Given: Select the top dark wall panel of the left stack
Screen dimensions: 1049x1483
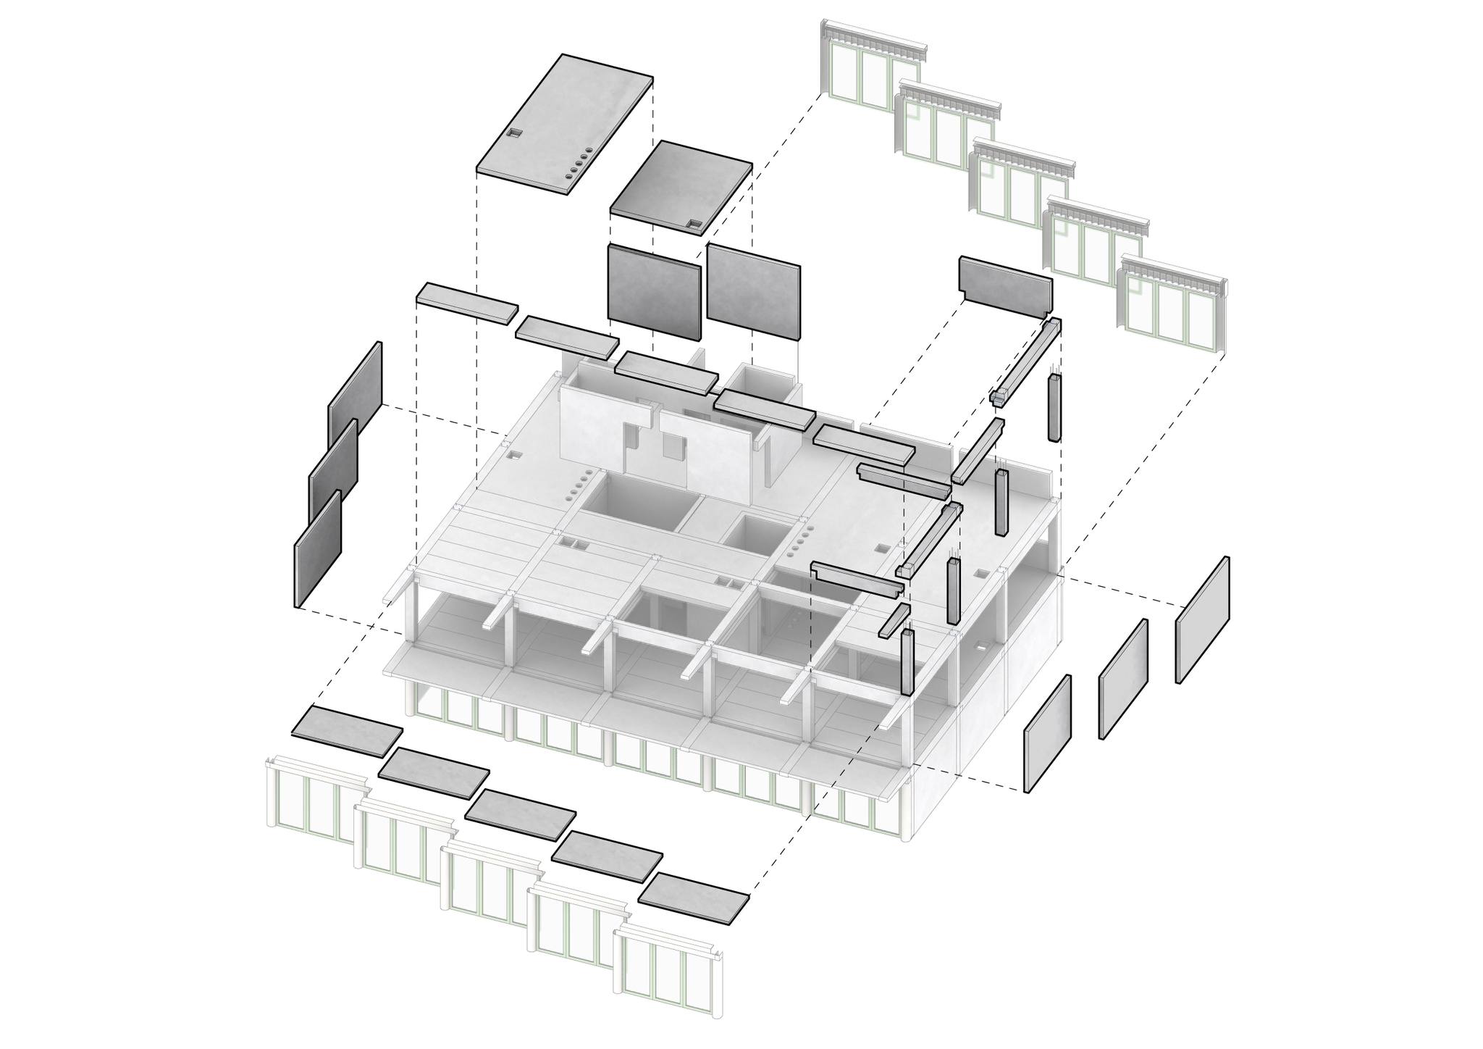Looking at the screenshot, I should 356,395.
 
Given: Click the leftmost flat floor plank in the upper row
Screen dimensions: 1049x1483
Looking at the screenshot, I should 467,301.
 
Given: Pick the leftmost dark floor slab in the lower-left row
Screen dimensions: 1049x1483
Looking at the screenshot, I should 347,732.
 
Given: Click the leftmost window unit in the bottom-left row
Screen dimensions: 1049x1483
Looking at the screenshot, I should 315,801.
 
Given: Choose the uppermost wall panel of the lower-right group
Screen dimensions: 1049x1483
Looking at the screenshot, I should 1202,619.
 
